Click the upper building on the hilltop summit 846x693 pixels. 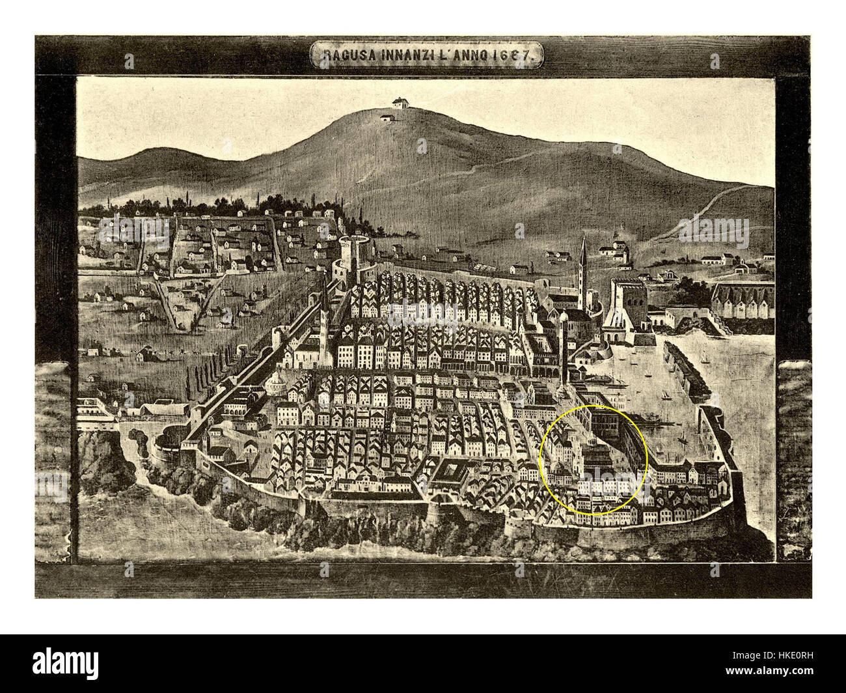coord(397,103)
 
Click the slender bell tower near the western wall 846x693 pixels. coord(323,313)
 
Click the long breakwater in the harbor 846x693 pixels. coord(687,368)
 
